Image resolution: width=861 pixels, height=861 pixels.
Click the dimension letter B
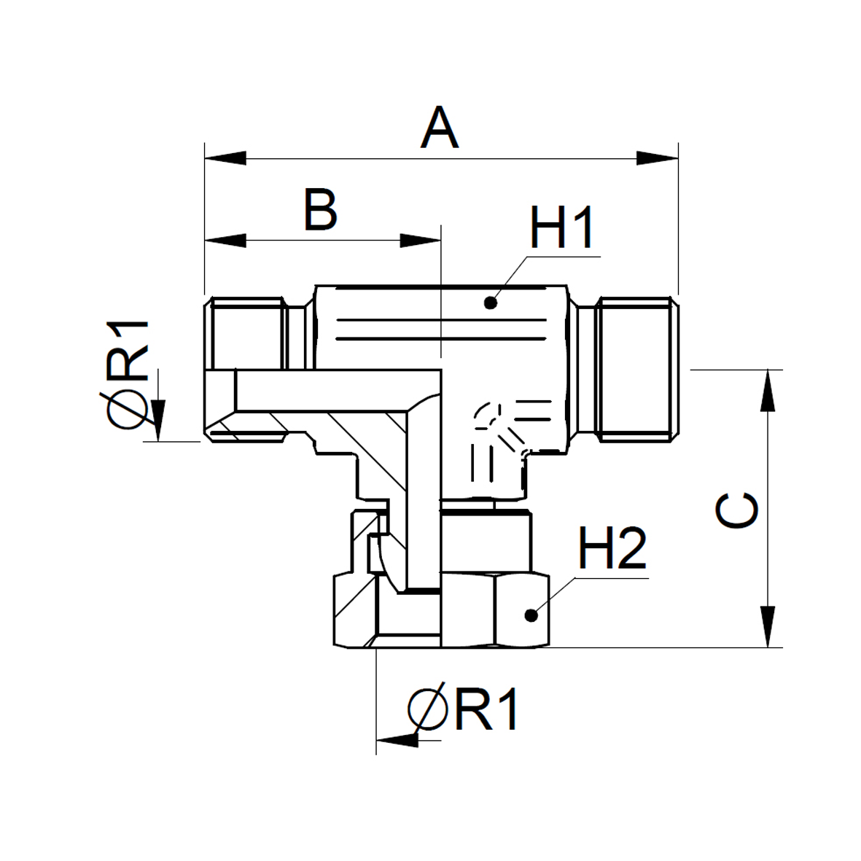click(x=320, y=211)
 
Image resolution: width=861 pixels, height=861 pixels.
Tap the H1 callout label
click(x=562, y=229)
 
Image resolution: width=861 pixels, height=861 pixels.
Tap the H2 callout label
click(x=612, y=550)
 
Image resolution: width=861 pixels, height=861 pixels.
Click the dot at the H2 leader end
click(x=532, y=615)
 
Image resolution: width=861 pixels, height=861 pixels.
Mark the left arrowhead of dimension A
click(x=226, y=158)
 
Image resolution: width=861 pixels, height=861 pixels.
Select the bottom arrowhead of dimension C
click(x=768, y=626)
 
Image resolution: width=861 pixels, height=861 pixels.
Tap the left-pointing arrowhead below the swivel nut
click(x=398, y=740)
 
